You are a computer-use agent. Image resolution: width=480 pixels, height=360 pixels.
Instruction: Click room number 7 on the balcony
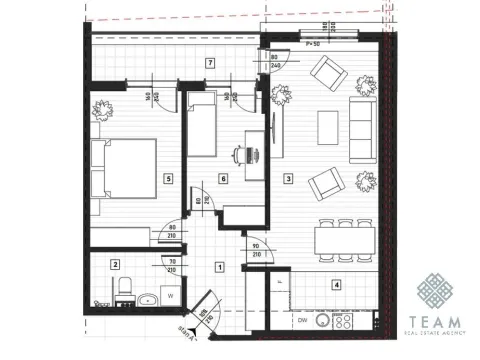[209, 63]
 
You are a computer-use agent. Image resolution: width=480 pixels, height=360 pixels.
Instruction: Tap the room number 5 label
[168, 179]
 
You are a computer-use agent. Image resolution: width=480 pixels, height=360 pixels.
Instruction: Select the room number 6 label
[224, 179]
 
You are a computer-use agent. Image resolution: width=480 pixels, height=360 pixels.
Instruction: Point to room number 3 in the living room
[289, 180]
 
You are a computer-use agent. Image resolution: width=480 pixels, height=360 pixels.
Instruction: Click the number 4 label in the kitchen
[337, 285]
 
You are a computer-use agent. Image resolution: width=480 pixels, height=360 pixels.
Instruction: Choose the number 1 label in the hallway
[220, 267]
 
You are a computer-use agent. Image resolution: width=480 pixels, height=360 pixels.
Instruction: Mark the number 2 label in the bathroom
[115, 265]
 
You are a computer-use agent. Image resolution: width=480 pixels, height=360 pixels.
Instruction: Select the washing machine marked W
[173, 296]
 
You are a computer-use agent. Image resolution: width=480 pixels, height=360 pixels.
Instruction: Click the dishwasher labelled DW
[301, 321]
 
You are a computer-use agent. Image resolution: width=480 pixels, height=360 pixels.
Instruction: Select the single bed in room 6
[204, 131]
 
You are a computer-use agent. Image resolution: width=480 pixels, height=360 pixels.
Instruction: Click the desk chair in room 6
[238, 156]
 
